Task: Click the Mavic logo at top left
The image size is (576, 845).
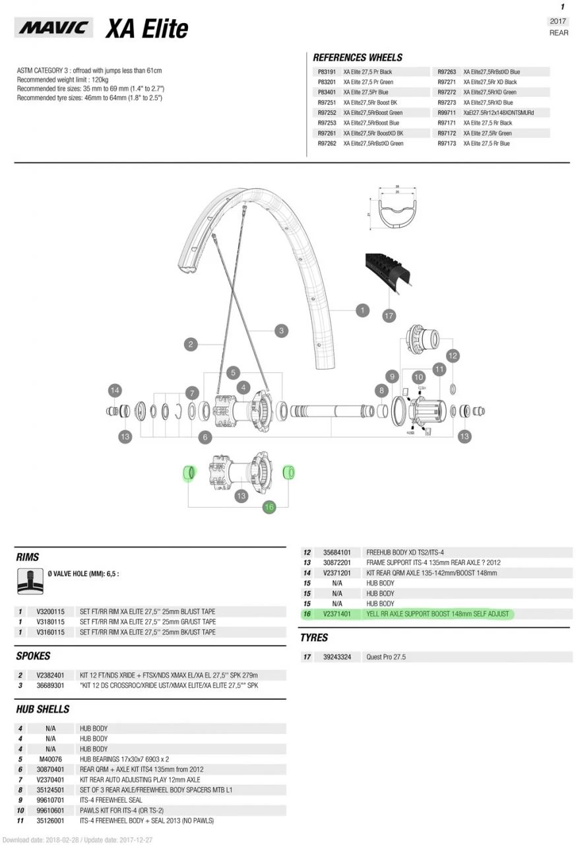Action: (54, 28)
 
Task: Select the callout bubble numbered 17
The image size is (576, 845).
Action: (389, 316)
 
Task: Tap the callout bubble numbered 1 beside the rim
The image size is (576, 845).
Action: (362, 309)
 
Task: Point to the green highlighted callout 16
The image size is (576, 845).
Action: (269, 507)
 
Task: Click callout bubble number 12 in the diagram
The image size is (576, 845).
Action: (452, 356)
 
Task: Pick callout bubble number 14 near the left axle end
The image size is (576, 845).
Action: (115, 390)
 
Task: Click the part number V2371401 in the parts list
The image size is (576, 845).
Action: (336, 614)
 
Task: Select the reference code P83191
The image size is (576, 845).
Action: (327, 72)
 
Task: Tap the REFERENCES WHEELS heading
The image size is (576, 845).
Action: (357, 57)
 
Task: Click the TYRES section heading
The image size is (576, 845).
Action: (314, 638)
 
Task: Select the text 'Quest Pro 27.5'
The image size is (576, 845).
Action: (386, 657)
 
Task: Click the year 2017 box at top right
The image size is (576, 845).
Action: (558, 21)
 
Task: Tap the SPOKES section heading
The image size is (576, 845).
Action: (33, 656)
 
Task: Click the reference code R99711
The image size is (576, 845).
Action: (447, 113)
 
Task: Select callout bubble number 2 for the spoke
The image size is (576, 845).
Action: (191, 344)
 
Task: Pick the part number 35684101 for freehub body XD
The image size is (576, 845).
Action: (336, 553)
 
